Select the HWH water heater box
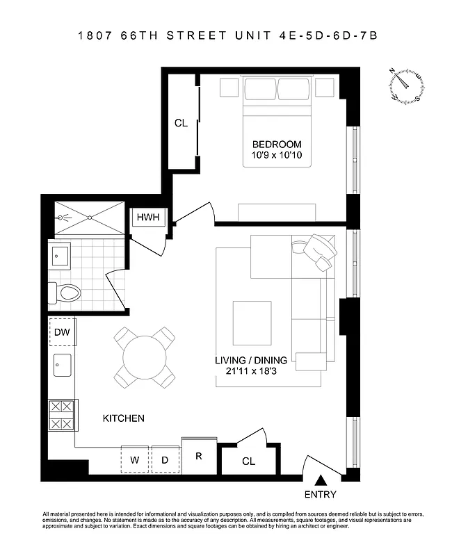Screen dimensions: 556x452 point(147,218)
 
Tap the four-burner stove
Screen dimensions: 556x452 point(61,415)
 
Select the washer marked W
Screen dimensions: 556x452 point(135,459)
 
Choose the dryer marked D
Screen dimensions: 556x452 point(165,459)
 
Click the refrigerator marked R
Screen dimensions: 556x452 point(198,457)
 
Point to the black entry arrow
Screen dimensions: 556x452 point(321,480)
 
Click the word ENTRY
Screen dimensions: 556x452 point(321,495)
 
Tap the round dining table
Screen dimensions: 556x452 point(144,358)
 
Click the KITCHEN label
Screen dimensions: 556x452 point(124,418)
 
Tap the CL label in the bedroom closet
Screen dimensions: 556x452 point(181,123)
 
